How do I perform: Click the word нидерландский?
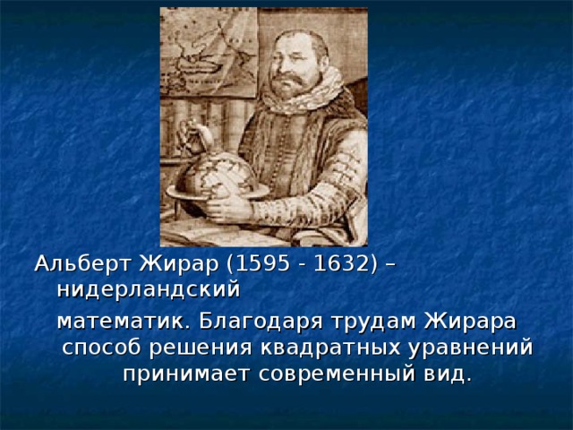(x=149, y=289)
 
